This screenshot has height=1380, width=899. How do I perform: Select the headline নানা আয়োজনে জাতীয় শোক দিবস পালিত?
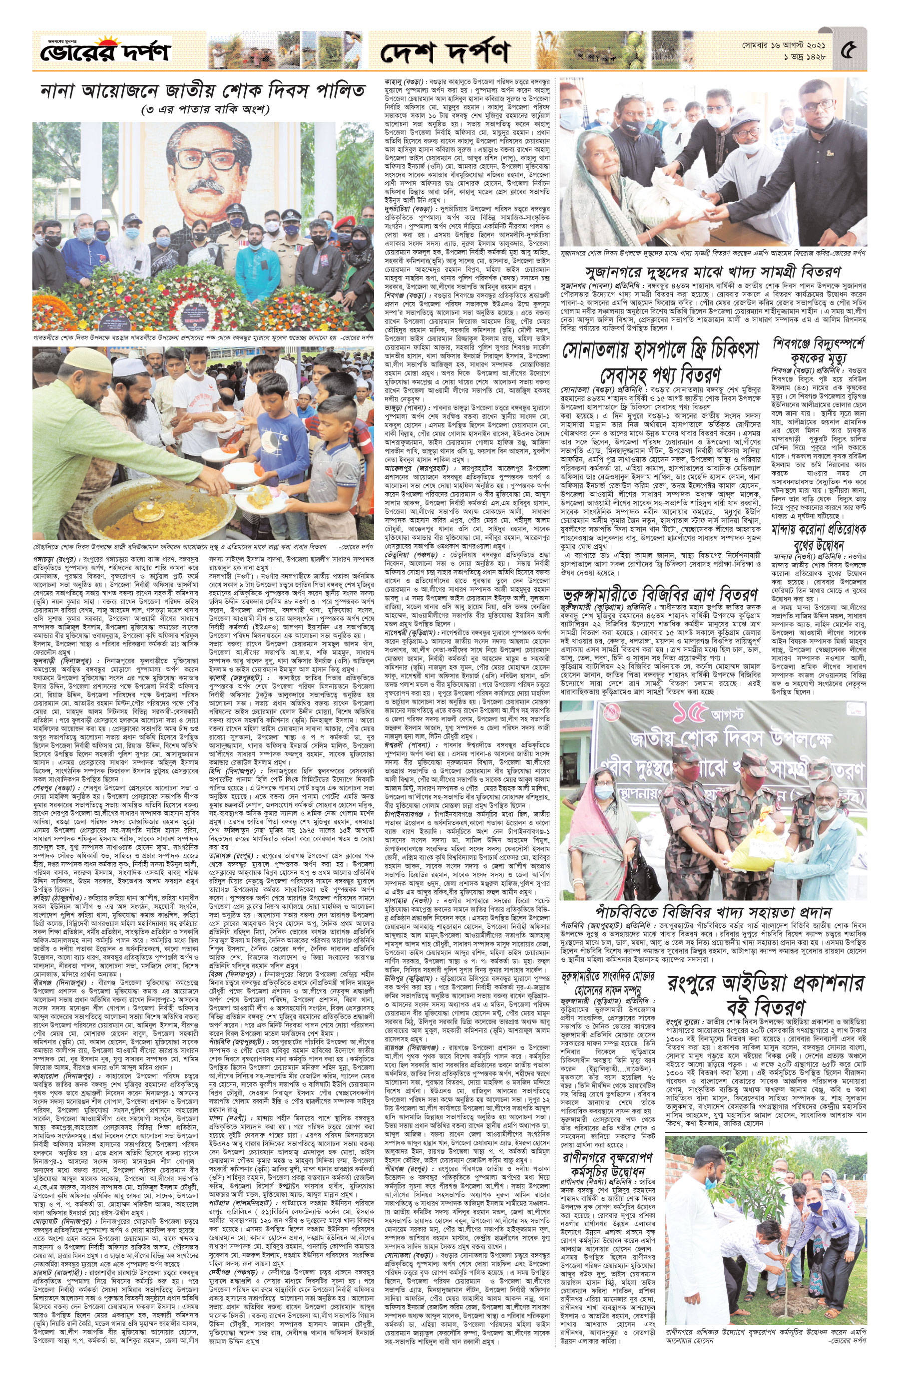(x=203, y=91)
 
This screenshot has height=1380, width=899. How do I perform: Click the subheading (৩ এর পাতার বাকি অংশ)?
(x=203, y=109)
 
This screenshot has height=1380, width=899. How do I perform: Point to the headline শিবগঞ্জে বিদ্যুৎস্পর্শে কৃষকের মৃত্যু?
(x=817, y=349)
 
